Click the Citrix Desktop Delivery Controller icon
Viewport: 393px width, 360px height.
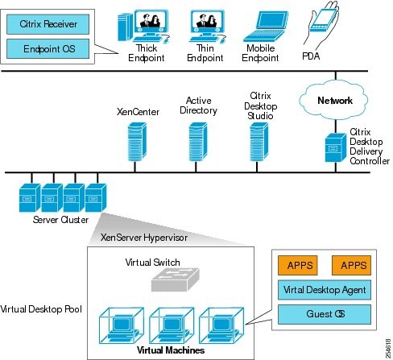(332, 149)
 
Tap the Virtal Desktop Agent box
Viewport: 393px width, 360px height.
(324, 289)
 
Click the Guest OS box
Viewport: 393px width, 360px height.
(324, 313)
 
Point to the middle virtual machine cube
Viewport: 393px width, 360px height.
(169, 325)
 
